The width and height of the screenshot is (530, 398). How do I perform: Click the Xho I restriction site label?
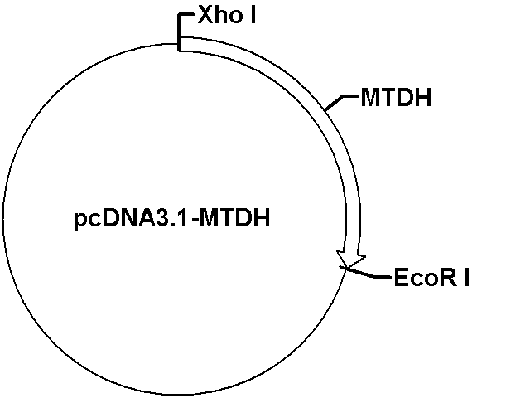[227, 15]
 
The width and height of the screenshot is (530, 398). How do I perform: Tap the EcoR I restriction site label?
[431, 277]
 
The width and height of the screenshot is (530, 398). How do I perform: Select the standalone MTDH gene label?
[396, 98]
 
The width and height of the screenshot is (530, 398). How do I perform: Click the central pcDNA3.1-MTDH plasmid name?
[171, 218]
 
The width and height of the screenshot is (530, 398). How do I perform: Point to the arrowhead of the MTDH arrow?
[351, 260]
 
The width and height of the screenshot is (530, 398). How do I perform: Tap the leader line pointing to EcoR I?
[366, 273]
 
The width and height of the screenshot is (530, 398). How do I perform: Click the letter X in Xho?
[206, 15]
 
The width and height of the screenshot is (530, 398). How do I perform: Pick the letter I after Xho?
[253, 15]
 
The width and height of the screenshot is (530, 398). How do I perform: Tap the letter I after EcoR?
[467, 278]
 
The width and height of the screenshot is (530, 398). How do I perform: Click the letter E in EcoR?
[401, 278]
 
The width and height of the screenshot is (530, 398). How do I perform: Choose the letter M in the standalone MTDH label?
[369, 98]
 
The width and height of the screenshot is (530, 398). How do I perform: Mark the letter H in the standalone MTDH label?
[424, 98]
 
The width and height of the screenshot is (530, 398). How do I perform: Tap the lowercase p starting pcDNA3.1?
[79, 222]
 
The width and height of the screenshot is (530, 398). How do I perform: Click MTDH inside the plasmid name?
[235, 218]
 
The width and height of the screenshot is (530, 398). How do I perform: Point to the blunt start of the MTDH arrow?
[179, 44]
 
